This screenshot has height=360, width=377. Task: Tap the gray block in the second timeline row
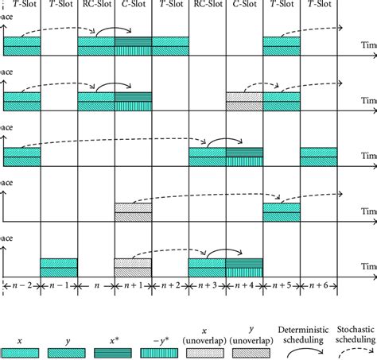tap(244, 101)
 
